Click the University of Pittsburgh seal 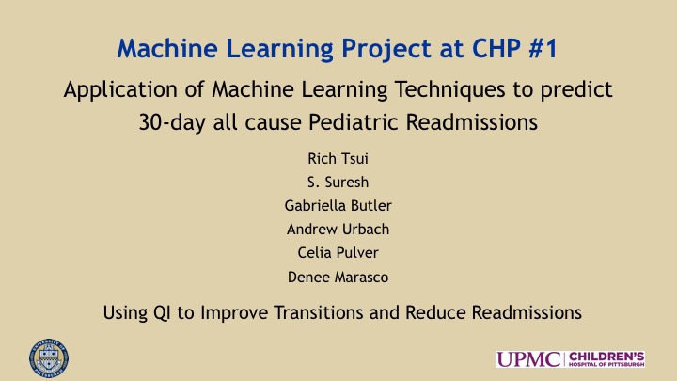[x=49, y=358]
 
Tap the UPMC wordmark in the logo [x=528, y=359]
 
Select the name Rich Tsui [x=338, y=159]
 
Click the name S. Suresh [x=338, y=183]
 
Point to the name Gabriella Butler [x=338, y=206]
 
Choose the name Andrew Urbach [x=338, y=229]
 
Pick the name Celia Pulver [x=338, y=253]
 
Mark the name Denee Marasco [x=338, y=277]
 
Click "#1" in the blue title [x=543, y=48]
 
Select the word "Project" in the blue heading [x=386, y=49]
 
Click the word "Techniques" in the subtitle [x=449, y=90]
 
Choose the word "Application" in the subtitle [x=120, y=90]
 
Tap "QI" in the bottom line [x=162, y=312]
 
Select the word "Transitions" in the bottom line [x=318, y=312]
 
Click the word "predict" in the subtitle [x=576, y=90]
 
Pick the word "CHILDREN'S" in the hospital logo [x=606, y=357]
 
